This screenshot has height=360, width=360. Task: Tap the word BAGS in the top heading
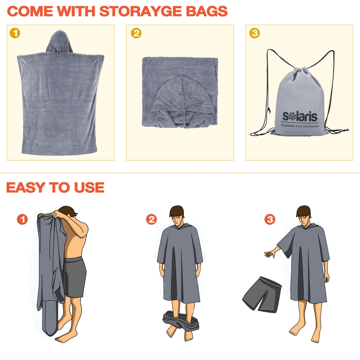click(x=207, y=11)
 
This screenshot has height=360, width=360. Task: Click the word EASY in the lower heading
click(x=25, y=187)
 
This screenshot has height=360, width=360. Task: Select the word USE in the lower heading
click(x=89, y=187)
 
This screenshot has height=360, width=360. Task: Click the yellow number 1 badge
click(x=15, y=33)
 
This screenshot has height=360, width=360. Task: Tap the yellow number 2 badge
click(x=136, y=33)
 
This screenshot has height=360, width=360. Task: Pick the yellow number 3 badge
click(x=255, y=33)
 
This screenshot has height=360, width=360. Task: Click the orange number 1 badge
click(x=22, y=219)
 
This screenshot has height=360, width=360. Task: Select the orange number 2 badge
click(x=152, y=219)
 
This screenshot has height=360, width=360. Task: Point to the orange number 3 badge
click(x=270, y=219)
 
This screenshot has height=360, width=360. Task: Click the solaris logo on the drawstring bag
click(x=300, y=116)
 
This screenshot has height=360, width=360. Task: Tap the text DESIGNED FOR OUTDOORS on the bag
click(x=300, y=126)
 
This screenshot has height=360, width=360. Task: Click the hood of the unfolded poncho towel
click(x=59, y=42)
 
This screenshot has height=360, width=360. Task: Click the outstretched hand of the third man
click(x=270, y=254)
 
